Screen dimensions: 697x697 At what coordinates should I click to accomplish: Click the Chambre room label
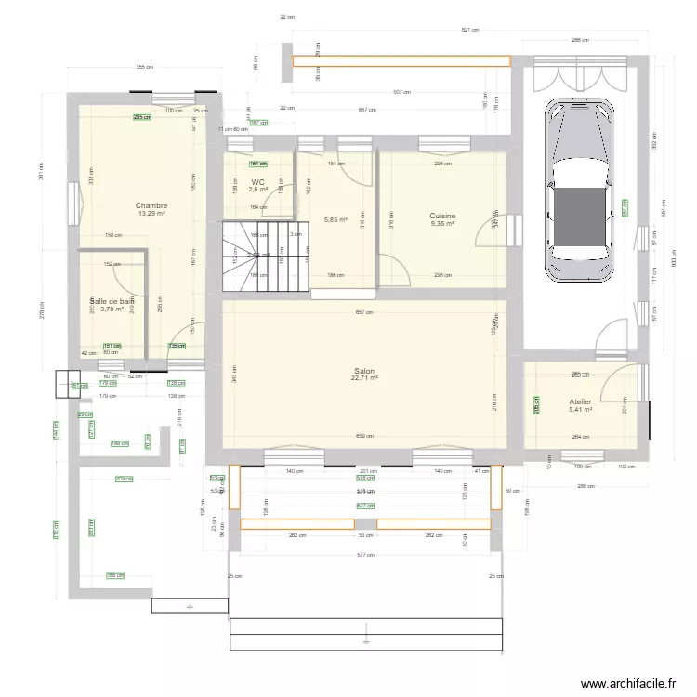(151, 205)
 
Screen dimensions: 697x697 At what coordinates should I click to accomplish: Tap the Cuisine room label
(442, 215)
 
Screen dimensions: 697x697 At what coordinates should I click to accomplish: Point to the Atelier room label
(581, 401)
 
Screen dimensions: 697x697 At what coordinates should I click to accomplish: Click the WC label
(258, 182)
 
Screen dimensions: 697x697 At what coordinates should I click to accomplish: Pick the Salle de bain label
(112, 301)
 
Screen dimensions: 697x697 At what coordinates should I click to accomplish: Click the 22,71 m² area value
(364, 378)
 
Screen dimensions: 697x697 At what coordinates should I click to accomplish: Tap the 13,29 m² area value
(151, 214)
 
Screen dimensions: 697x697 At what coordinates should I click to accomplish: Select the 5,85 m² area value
(335, 220)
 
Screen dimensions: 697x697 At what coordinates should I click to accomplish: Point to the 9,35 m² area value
(442, 223)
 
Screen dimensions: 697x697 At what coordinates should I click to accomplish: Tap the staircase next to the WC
(265, 251)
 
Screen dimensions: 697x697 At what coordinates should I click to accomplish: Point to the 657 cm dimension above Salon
(364, 312)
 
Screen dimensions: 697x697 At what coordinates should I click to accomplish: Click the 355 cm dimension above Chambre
(141, 68)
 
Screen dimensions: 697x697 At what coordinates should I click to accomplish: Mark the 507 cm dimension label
(401, 92)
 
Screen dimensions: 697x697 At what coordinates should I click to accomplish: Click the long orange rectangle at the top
(401, 62)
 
